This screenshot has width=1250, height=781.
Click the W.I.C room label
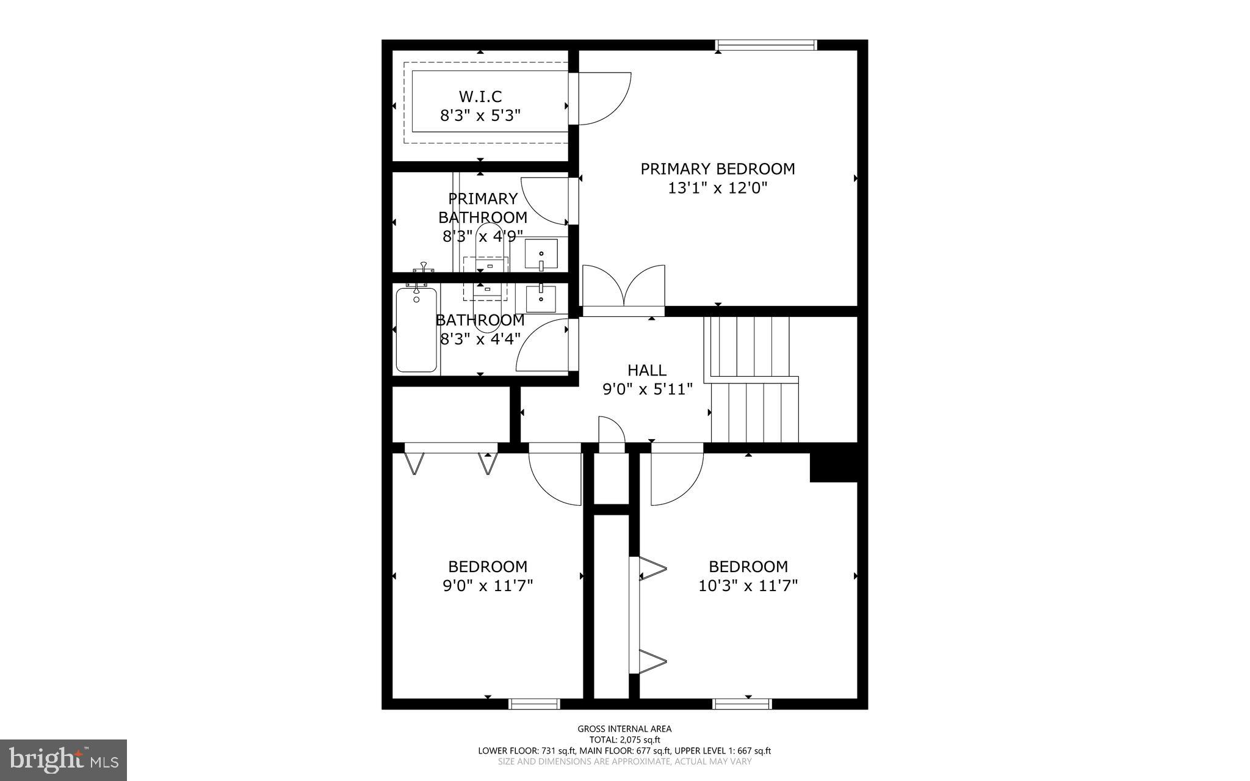coord(480,96)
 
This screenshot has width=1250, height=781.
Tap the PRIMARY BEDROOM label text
coord(717,169)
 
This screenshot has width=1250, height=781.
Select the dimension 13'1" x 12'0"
coord(717,188)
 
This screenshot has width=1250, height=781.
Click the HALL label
coord(647,370)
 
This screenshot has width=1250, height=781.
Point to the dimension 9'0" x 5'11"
coord(648,389)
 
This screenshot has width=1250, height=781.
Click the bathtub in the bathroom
coord(416,330)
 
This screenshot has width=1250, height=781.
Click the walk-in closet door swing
coord(601,99)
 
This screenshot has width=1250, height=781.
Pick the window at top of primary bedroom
coord(765,45)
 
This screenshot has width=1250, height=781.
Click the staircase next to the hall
coord(752,379)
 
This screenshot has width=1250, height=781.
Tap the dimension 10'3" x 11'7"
coord(748,586)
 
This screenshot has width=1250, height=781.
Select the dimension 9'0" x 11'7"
coord(488,586)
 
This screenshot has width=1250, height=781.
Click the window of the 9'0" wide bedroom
coord(534,704)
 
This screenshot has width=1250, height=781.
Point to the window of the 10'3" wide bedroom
coord(742,704)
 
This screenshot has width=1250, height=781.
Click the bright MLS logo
coord(63,760)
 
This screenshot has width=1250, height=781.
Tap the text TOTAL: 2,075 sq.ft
coord(624,739)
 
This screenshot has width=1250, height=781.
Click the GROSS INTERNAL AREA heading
coord(624,728)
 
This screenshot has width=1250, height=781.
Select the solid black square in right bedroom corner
coord(833,467)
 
